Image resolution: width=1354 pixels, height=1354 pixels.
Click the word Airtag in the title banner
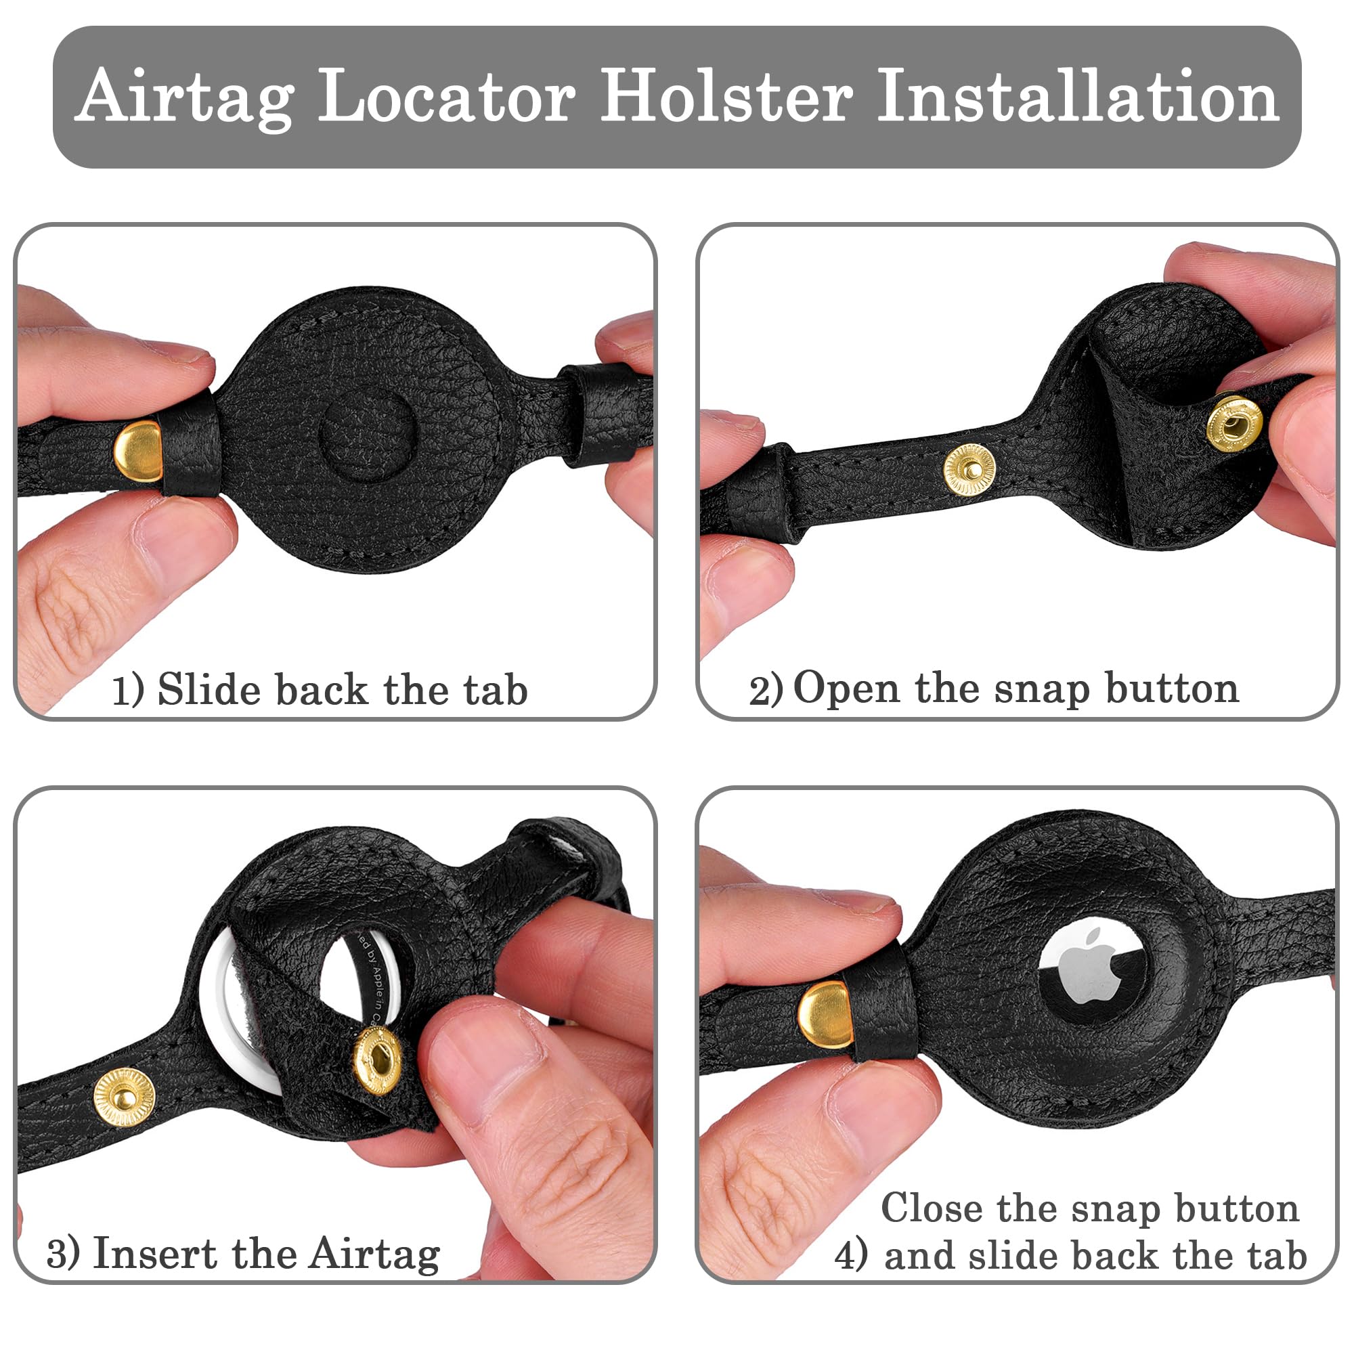(x=186, y=97)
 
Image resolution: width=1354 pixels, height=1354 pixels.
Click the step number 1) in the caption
(x=127, y=691)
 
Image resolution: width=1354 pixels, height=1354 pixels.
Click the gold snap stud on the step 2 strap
(x=969, y=471)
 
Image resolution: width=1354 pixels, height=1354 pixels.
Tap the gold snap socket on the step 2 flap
(x=1234, y=422)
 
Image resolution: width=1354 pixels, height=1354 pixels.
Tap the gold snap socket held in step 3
(x=378, y=1059)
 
